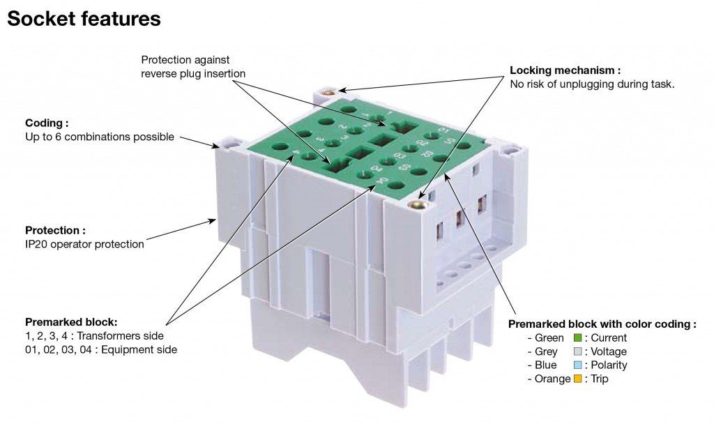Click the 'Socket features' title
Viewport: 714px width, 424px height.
coord(84,19)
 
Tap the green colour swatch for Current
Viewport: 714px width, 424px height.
coord(578,338)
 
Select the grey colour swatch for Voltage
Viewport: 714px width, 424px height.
coord(578,351)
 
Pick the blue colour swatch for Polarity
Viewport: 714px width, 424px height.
coord(578,365)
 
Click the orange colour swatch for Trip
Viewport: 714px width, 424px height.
coord(578,379)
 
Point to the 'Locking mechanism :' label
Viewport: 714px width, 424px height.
coord(565,70)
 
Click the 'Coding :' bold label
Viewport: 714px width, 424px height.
coord(47,123)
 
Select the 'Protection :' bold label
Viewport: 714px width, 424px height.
coord(55,230)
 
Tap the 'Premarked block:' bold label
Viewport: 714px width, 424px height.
coord(71,322)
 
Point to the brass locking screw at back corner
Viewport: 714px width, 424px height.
coord(331,92)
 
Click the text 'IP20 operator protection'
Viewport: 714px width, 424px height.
coord(84,244)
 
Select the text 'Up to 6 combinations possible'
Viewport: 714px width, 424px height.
coord(100,137)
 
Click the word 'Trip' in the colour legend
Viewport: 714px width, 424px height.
coord(599,379)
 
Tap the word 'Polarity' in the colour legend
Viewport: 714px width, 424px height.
coord(609,365)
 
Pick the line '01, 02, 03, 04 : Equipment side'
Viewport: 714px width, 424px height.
coord(101,350)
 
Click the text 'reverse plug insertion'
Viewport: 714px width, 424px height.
coord(193,74)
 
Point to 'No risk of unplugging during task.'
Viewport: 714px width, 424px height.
coord(592,84)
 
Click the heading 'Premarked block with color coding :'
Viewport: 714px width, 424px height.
coord(602,324)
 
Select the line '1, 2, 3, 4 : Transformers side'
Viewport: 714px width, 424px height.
coord(94,336)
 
